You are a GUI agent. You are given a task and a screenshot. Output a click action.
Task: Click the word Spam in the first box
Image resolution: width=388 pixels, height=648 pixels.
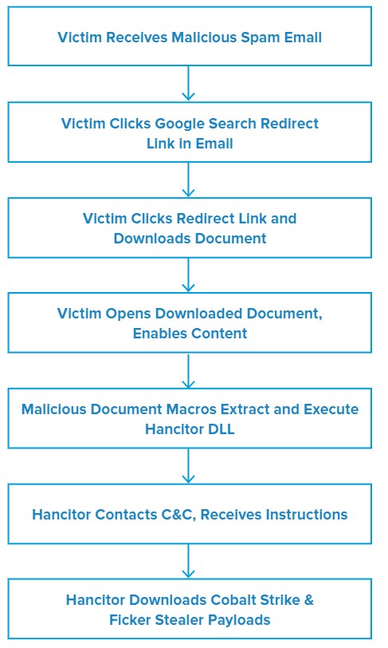point(260,38)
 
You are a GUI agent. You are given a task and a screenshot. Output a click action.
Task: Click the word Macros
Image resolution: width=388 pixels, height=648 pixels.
point(191,409)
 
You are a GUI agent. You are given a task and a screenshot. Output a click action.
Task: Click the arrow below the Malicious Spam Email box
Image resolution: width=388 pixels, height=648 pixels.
point(188,83)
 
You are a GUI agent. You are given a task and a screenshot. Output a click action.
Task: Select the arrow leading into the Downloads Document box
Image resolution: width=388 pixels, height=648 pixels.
point(188,180)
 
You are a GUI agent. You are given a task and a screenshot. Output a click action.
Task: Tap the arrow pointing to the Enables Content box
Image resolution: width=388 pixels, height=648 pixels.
point(188,275)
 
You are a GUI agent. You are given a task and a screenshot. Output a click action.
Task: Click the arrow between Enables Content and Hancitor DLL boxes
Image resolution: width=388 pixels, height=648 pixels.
point(188,371)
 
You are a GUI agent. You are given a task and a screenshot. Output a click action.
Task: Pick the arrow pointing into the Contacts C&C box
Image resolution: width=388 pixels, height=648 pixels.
point(188,466)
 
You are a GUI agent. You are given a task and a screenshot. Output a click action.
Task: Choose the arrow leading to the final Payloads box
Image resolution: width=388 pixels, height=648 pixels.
point(188,561)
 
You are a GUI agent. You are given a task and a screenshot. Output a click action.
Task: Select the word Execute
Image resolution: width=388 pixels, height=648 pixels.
point(331,409)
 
